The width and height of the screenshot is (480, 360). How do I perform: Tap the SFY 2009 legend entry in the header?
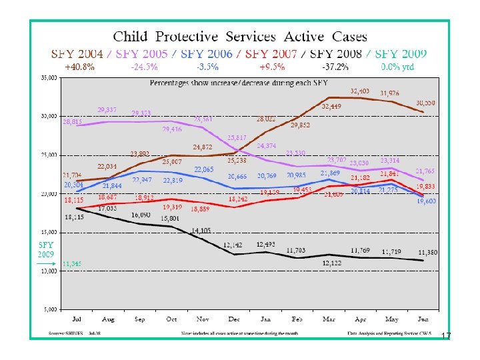399,53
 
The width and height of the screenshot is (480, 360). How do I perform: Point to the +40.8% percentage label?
79,67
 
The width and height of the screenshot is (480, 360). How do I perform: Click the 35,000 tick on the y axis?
49,78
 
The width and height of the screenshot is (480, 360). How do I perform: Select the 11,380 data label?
428,252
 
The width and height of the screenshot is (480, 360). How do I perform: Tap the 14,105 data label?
201,231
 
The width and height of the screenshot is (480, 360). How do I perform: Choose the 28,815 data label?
73,122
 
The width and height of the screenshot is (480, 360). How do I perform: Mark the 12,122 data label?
331,263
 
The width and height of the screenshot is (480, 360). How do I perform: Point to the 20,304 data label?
73,185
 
